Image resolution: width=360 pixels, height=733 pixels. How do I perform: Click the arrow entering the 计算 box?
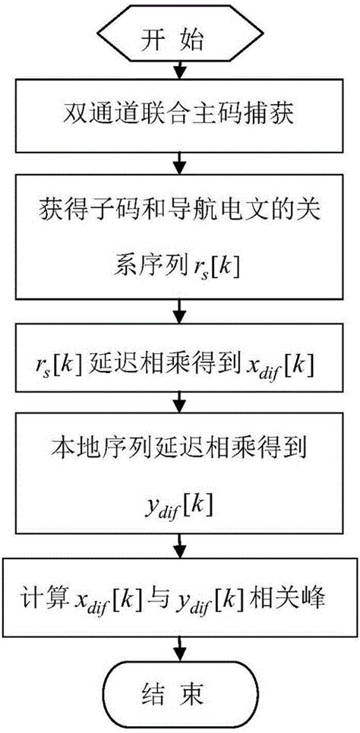pyautogui.click(x=179, y=547)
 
